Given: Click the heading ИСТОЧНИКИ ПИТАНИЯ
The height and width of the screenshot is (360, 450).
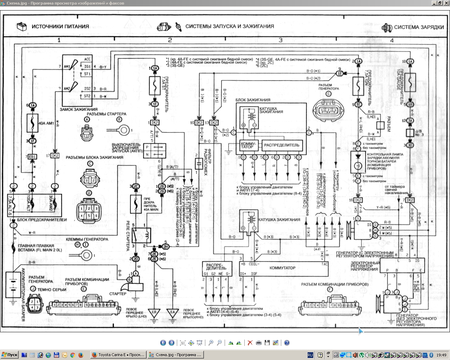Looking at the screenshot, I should coord(60,26).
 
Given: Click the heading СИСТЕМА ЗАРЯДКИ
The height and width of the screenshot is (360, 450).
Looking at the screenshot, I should coord(419,27).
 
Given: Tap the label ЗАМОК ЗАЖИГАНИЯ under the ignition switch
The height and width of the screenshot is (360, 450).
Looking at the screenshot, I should coord(78,109).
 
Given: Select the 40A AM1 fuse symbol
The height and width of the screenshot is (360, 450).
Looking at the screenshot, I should coord(32,123).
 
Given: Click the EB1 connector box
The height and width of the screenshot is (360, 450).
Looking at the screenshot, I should coord(32,156).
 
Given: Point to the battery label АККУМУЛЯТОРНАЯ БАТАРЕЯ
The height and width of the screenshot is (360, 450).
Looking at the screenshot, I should coord(24,295).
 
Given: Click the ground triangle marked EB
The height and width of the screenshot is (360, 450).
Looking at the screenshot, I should coord(154,312).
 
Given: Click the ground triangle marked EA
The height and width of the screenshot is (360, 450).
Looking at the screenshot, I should coord(173,312).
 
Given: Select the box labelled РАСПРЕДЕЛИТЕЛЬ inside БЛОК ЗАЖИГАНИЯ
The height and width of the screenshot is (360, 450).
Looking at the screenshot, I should coord(282,145).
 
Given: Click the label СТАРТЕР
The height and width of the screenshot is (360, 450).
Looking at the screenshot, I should coord(117,294).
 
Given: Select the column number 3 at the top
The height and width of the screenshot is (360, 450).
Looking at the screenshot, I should coord(280,40).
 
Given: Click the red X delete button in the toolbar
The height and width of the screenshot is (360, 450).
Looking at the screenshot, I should coord(250,343).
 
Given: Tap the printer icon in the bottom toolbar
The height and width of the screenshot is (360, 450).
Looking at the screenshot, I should coord(259,343).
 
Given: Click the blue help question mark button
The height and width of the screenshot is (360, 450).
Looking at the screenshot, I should coord(287,343).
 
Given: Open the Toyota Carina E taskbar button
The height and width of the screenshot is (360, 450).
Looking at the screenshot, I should coord(118,355).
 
